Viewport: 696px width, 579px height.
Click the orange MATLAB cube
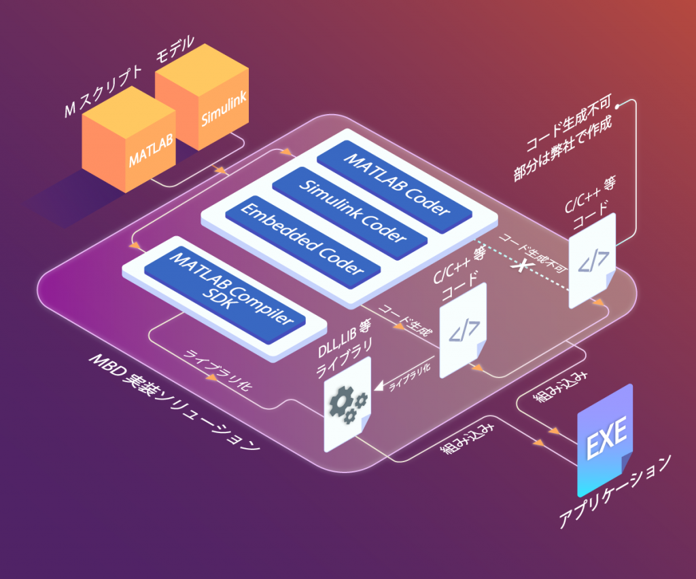pos(128,140)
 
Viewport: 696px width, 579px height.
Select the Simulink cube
pos(202,98)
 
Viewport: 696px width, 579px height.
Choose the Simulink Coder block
pos(349,213)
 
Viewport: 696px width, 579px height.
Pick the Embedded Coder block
pos(302,242)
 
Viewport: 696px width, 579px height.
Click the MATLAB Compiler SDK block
pos(224,294)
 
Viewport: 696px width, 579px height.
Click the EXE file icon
pos(605,441)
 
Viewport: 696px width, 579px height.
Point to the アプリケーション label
pos(614,491)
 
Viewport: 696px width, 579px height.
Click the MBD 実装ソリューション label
pos(175,402)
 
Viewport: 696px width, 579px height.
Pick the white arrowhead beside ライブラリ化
pos(380,386)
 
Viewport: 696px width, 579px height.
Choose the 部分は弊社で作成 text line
pos(563,148)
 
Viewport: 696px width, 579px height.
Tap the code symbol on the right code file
pos(593,262)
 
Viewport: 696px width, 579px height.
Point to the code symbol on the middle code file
pos(464,331)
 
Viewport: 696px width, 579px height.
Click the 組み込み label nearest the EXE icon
pos(560,386)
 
